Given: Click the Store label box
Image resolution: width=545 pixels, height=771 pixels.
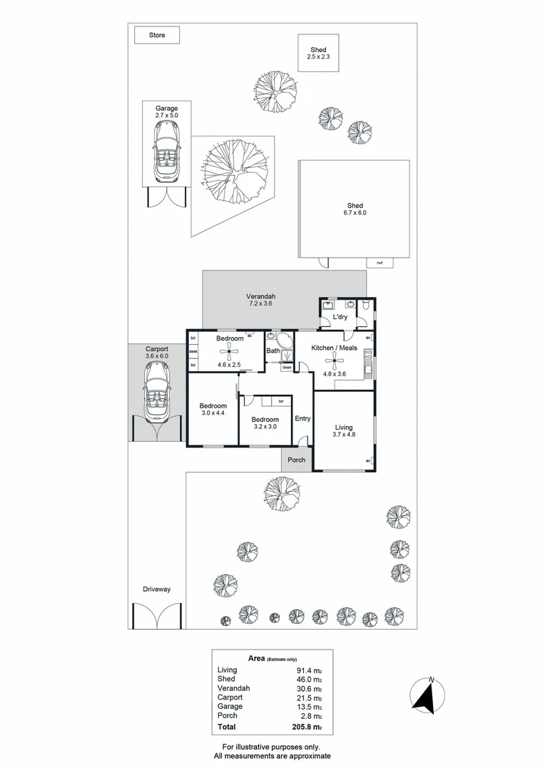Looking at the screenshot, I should tap(157, 35).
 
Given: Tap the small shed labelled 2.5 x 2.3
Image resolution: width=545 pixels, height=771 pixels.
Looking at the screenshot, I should tap(318, 53).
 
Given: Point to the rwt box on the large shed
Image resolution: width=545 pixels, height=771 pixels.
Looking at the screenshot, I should tap(380, 263).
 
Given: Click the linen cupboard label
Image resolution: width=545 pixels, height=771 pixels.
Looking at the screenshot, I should tap(287, 368).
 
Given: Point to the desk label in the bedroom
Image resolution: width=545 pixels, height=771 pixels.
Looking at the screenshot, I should tap(193, 351).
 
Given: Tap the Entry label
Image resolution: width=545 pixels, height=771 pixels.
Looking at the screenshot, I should tap(302, 418).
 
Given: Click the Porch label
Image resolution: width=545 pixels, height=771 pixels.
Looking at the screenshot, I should tap(296, 460).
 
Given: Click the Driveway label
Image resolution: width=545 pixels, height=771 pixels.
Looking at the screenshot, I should tap(156, 590).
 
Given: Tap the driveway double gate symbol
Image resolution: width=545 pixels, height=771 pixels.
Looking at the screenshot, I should tap(157, 615).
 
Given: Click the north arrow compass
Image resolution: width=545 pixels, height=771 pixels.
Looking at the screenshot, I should tap(429, 695).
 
